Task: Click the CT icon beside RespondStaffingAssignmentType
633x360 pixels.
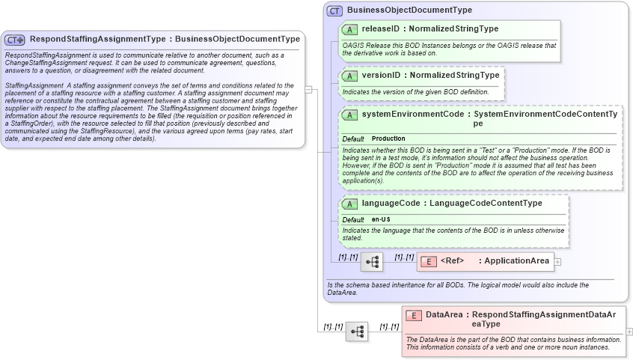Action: (15, 40)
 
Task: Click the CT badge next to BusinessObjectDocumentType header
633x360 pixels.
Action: (334, 10)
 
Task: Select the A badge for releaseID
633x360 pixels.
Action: (349, 29)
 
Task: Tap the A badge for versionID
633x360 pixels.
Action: (349, 76)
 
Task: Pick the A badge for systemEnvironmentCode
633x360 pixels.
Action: (349, 115)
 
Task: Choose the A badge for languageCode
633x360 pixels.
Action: (349, 204)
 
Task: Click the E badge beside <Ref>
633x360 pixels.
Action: (428, 261)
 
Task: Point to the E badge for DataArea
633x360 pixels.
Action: (413, 315)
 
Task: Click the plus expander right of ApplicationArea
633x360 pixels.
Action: (557, 261)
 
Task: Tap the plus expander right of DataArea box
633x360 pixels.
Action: (629, 331)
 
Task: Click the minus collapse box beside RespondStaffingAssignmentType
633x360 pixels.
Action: (308, 88)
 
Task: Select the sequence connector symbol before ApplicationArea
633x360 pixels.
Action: (371, 262)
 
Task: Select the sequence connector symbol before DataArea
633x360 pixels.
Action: (356, 331)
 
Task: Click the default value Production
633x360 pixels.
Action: (388, 138)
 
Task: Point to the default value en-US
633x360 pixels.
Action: (381, 219)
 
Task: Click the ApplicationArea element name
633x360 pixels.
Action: (514, 261)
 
